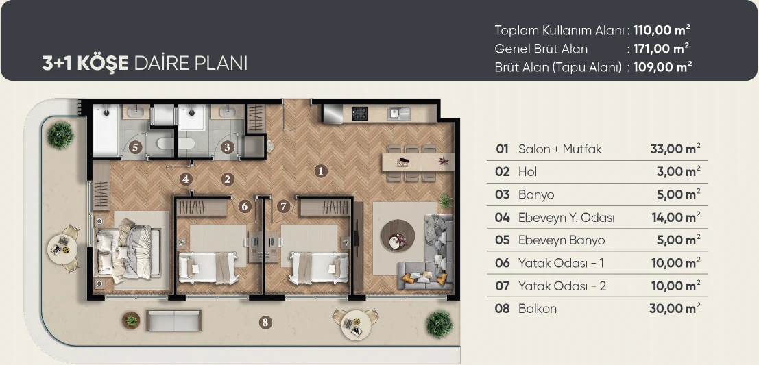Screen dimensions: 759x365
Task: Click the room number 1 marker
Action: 320,171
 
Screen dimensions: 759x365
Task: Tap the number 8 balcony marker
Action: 265,323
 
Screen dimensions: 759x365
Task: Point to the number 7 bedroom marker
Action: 284,206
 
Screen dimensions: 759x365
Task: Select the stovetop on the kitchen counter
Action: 359,113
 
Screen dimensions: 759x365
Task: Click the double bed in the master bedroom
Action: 128,249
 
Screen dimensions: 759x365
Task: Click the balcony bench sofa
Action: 174,320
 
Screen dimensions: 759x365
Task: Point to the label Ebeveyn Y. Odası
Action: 566,218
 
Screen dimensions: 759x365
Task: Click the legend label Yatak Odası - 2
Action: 562,286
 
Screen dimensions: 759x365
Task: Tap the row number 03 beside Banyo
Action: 503,195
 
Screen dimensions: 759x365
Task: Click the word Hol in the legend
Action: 528,172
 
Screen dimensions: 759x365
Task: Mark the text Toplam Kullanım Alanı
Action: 559,30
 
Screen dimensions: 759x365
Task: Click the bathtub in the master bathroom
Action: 106,131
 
